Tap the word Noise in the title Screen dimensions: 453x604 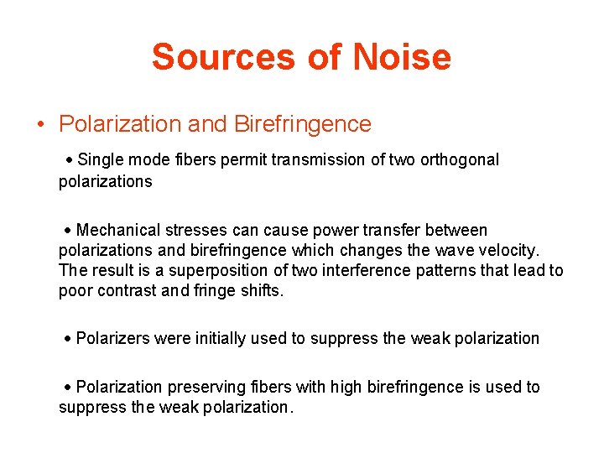coord(402,57)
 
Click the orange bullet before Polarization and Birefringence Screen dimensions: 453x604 coord(40,125)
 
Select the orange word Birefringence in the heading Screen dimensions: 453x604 coord(302,124)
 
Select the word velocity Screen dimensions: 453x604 coord(511,250)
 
